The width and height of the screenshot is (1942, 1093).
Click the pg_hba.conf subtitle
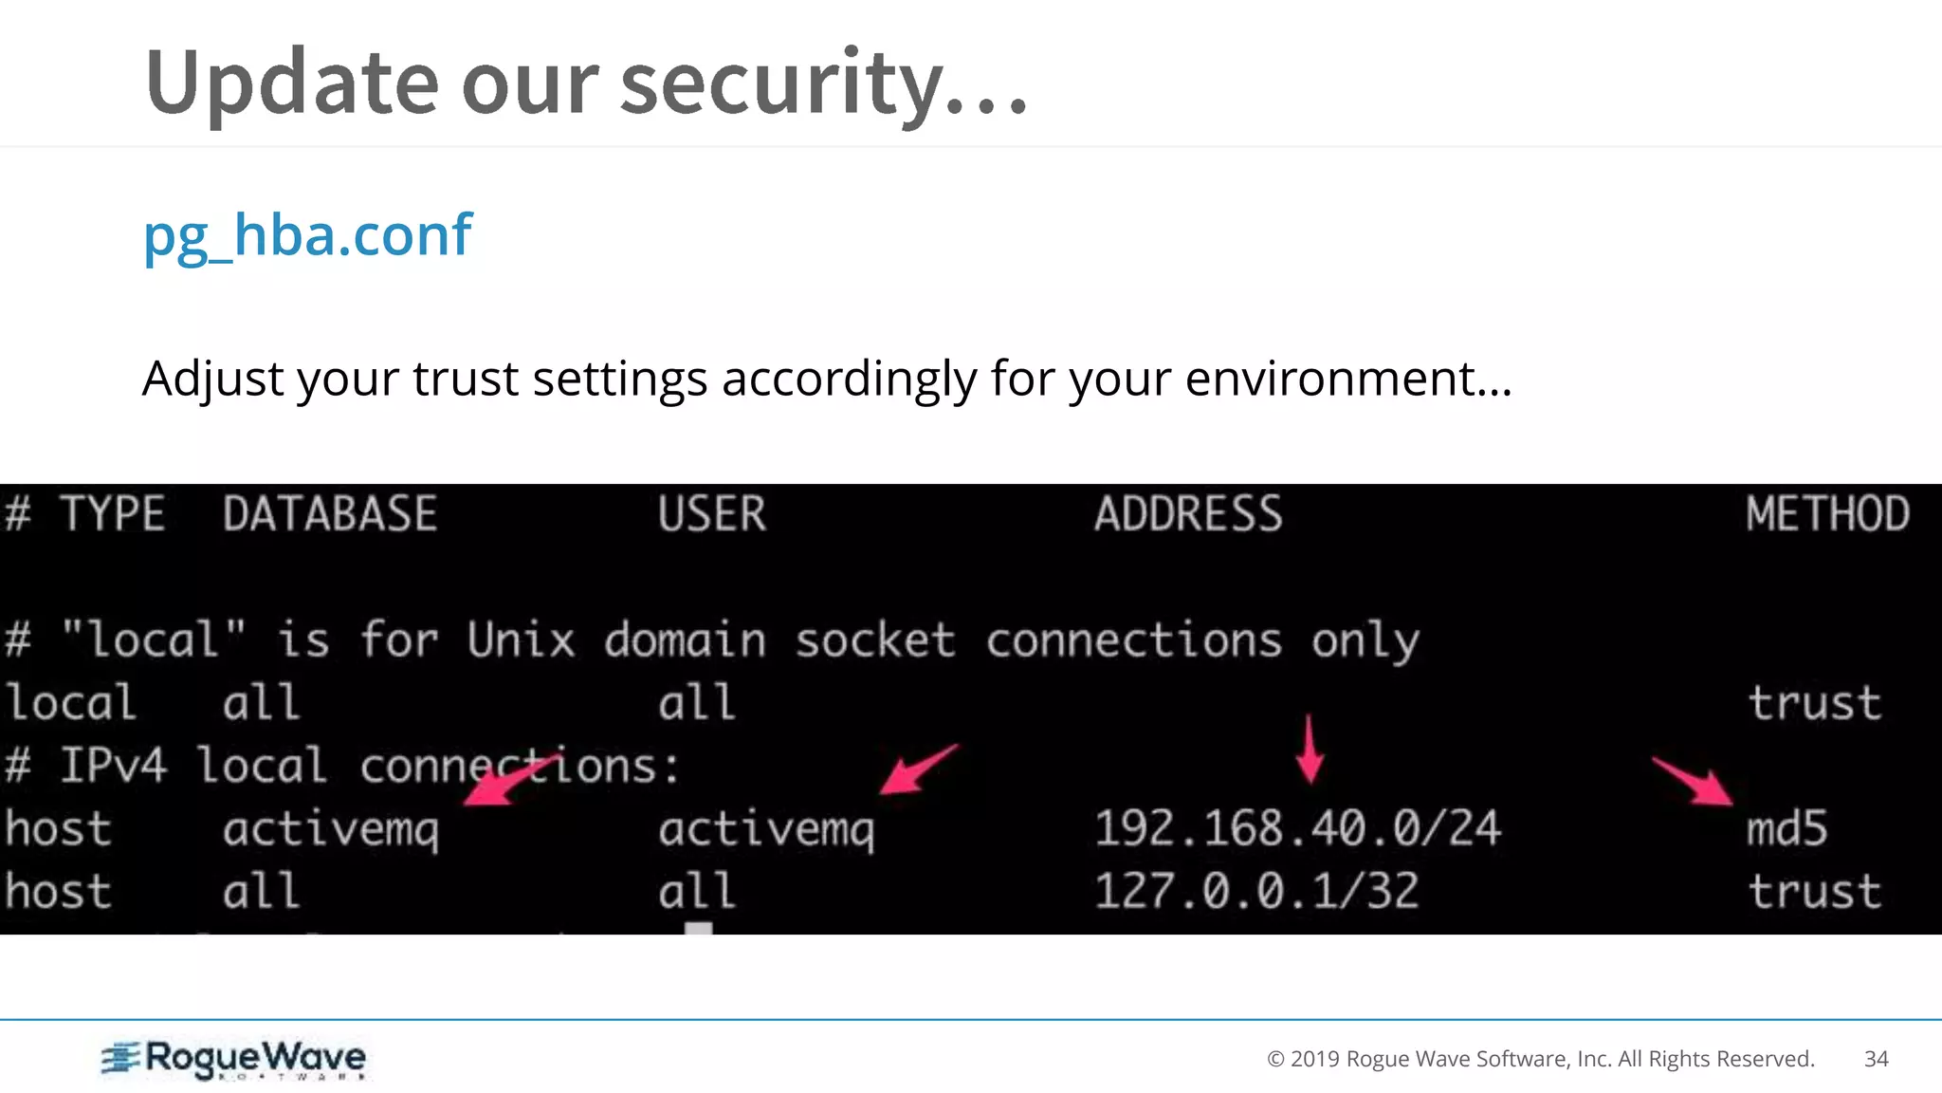(x=307, y=234)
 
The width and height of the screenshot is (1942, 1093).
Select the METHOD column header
(x=1827, y=514)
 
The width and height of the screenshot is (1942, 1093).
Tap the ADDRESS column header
(x=1188, y=514)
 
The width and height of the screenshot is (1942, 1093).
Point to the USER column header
(x=711, y=514)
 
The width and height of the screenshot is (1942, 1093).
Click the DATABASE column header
(x=330, y=514)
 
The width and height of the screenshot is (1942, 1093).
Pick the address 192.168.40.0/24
(x=1297, y=828)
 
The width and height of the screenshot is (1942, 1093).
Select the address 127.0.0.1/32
(x=1256, y=891)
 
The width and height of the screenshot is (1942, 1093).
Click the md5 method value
(x=1786, y=828)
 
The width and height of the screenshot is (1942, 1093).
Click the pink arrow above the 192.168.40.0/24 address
(x=1310, y=750)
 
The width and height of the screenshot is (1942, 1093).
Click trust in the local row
(x=1814, y=703)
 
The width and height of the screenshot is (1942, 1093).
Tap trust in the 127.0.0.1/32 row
(x=1814, y=891)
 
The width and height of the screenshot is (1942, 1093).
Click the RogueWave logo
(x=234, y=1059)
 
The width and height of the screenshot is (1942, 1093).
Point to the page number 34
(x=1876, y=1059)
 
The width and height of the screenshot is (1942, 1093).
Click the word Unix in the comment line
(x=521, y=639)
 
